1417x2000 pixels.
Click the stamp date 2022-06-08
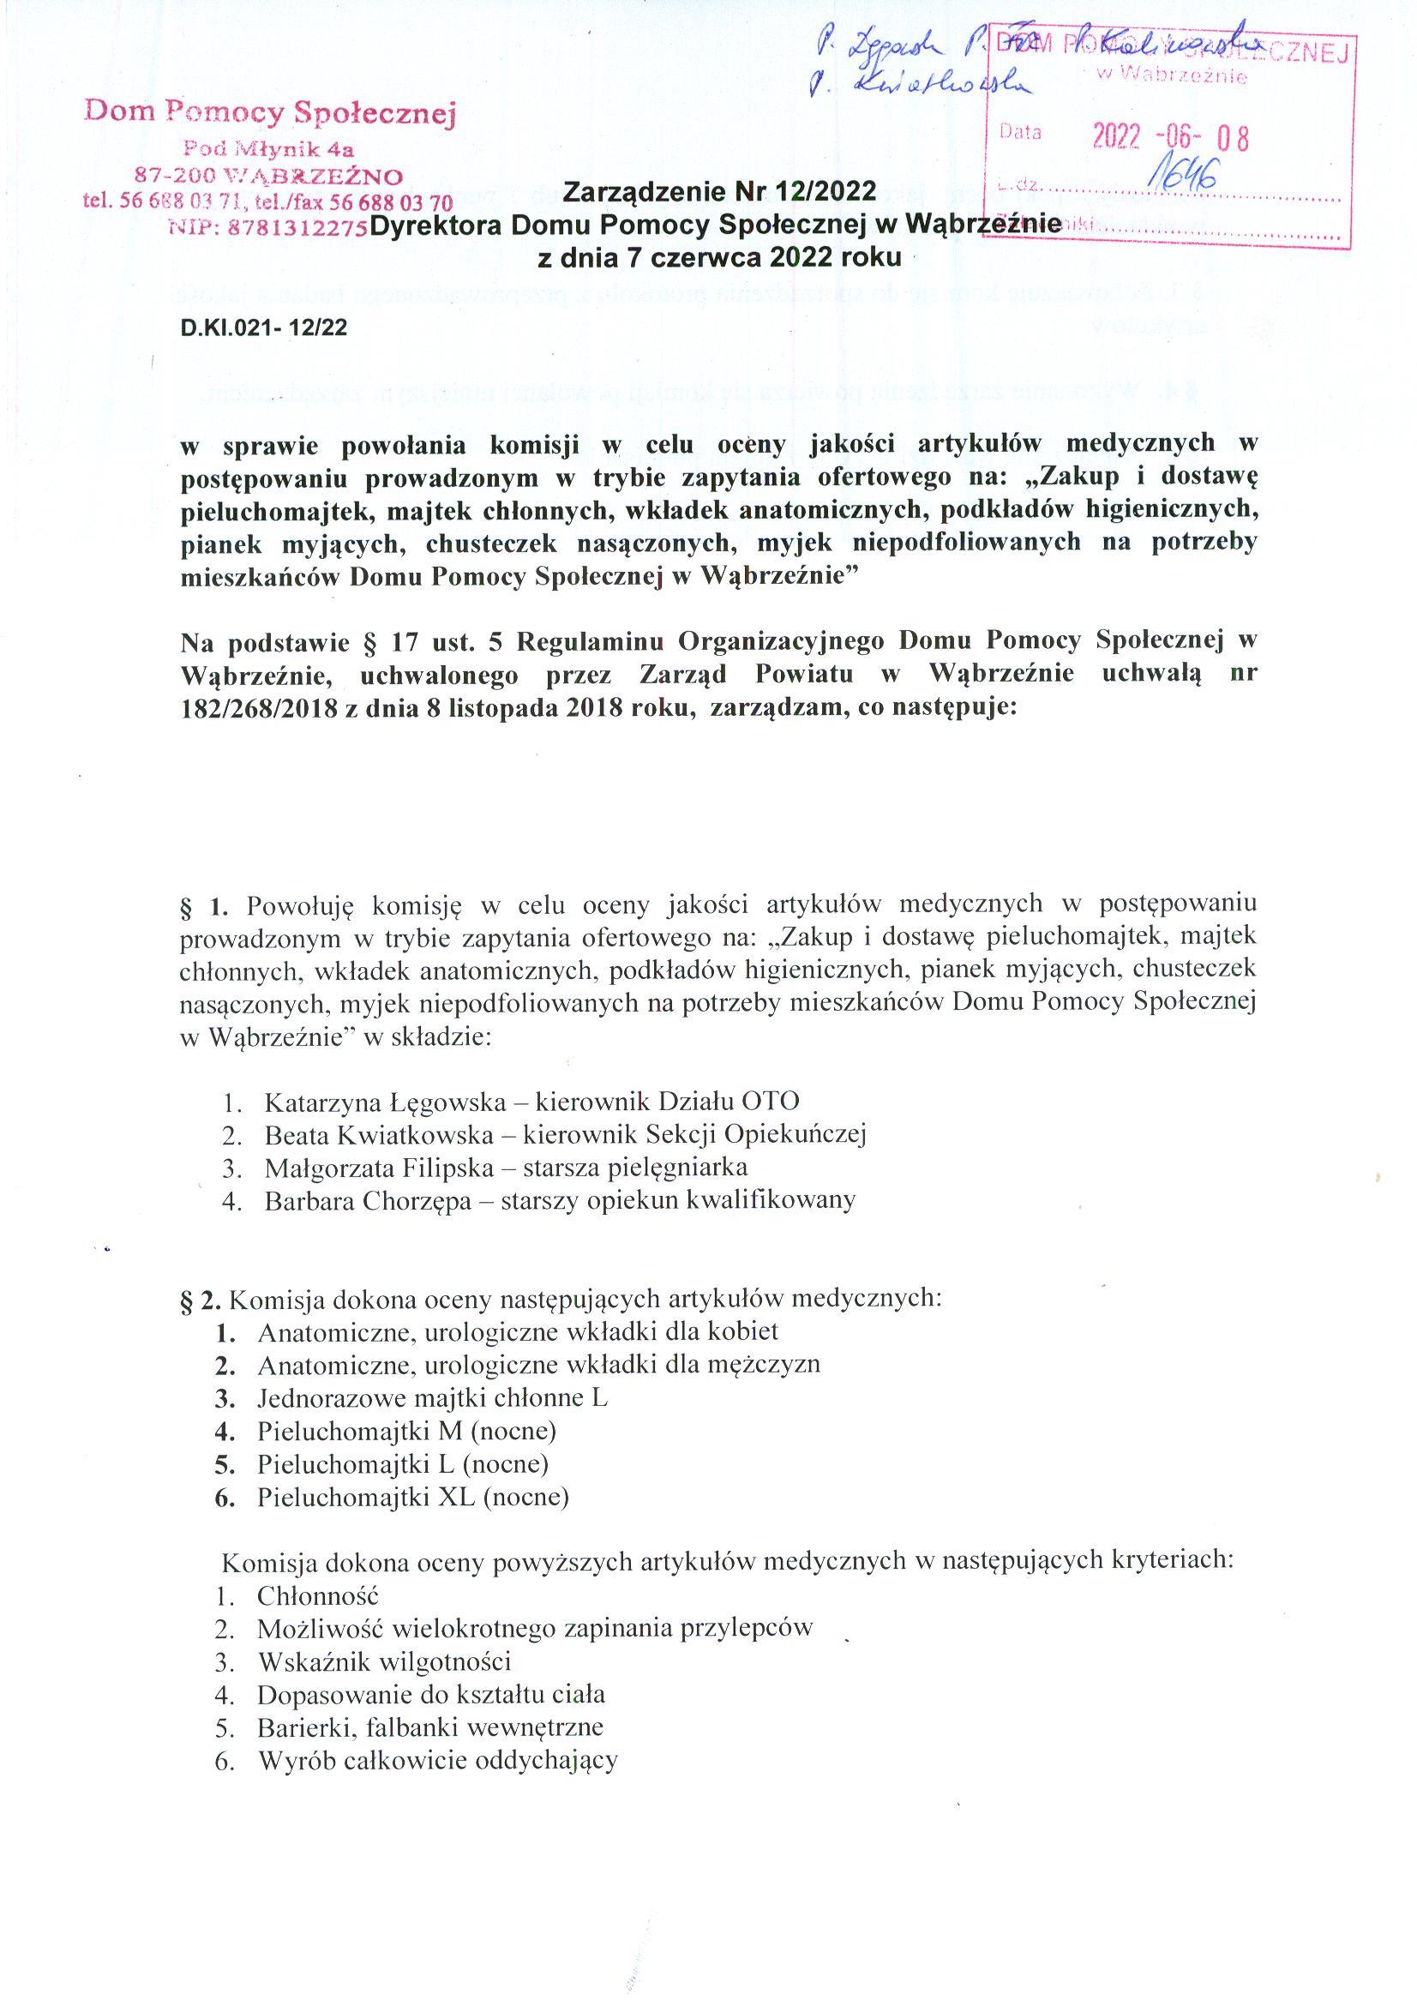[x=1170, y=137]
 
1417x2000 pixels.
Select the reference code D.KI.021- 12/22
[x=263, y=327]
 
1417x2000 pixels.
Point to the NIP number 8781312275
[x=295, y=227]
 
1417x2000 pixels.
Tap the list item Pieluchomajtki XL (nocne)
[x=412, y=1498]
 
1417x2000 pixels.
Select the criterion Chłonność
[x=317, y=1596]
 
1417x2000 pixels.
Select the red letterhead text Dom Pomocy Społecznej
[x=269, y=111]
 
